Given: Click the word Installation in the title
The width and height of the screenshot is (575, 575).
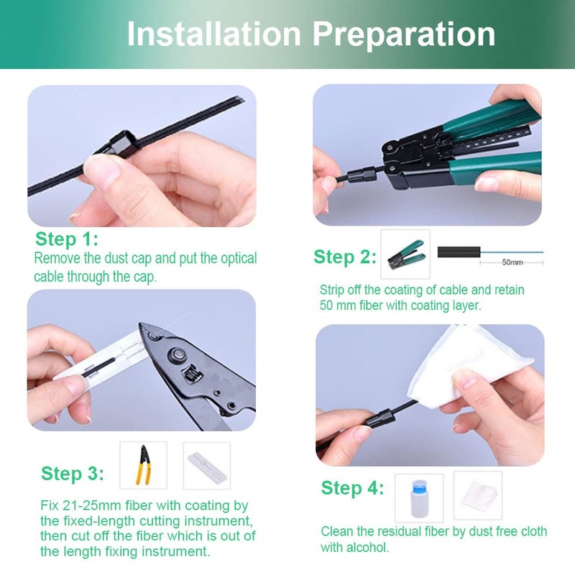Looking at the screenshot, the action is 213,34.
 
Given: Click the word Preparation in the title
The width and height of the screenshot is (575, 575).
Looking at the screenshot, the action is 404,35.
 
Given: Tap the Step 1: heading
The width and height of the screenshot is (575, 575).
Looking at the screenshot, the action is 67,239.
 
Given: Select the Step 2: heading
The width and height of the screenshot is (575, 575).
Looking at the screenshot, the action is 345,257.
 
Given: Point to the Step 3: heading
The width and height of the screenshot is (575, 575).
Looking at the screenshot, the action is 73,473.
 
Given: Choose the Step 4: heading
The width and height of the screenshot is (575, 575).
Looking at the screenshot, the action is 352,488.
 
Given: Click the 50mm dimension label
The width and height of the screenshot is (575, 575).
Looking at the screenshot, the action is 512,262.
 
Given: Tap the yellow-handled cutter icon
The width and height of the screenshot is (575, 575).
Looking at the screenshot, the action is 143,465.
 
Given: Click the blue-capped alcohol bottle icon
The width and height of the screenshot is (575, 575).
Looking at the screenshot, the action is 419,498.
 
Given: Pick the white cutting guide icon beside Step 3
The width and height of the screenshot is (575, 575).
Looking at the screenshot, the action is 207,466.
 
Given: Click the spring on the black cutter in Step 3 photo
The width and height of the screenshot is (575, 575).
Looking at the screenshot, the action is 191,374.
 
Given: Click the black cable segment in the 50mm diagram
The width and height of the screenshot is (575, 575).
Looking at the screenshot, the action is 459,252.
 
